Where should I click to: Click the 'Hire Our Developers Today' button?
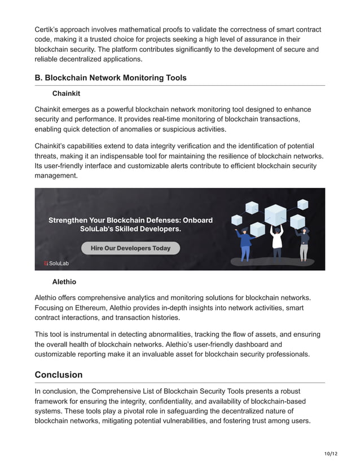click(x=130, y=248)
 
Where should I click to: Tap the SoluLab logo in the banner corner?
click(x=56, y=263)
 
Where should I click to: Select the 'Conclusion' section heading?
click(x=59, y=375)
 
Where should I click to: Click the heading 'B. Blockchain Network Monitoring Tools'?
click(x=111, y=78)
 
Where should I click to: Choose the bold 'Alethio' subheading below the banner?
click(x=64, y=282)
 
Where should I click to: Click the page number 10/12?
click(x=331, y=454)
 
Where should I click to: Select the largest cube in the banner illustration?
click(x=275, y=214)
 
